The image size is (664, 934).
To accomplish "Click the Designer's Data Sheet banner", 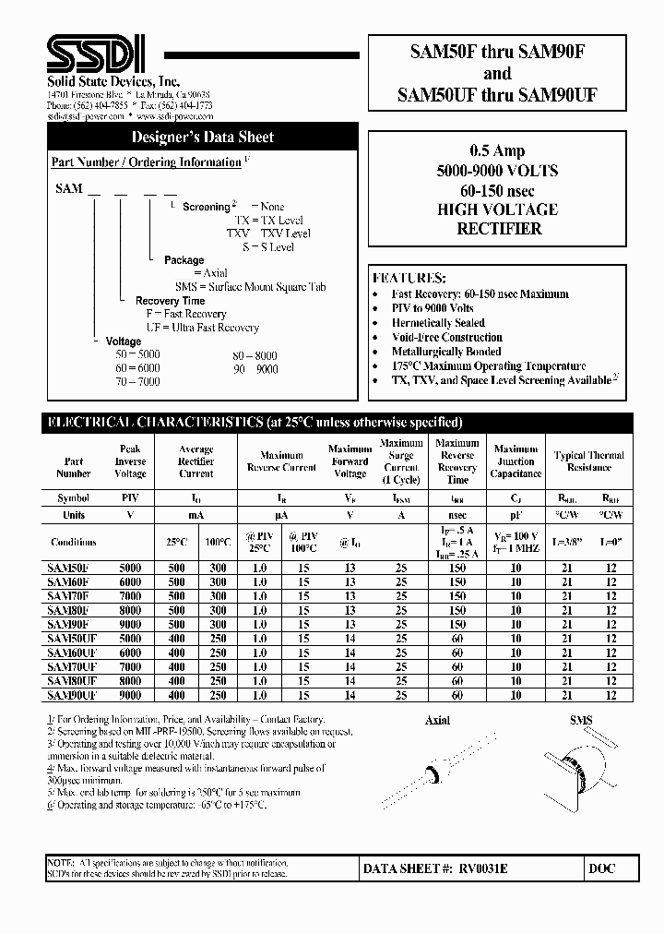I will click(202, 137).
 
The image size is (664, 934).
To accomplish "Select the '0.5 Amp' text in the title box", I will click(497, 151).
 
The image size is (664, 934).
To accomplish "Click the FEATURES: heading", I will click(409, 278).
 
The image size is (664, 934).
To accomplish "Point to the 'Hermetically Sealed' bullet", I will click(438, 323).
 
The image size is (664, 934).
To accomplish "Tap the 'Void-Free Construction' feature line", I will click(446, 338).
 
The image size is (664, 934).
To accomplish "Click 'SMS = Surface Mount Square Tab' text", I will click(250, 287).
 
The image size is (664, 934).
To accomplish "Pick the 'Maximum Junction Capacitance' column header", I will click(516, 461).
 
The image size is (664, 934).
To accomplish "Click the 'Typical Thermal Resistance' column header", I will click(588, 461).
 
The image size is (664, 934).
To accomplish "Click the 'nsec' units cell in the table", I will click(457, 515).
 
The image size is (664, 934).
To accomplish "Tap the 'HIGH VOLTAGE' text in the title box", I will click(497, 210).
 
